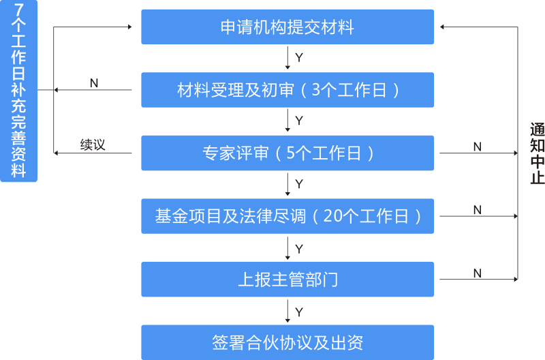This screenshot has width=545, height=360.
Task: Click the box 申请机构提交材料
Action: [287, 27]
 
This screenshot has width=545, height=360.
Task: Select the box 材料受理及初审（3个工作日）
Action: [287, 90]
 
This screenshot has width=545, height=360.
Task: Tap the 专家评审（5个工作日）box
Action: [287, 153]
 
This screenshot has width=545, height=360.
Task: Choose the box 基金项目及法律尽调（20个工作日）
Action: [287, 216]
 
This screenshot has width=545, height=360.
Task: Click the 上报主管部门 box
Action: [287, 280]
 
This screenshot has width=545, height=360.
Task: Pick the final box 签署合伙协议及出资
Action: [287, 342]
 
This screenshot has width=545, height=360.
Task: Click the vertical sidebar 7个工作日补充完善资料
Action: [19, 91]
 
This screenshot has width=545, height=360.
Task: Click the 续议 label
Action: [93, 145]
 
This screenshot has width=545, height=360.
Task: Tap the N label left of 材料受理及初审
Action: [94, 82]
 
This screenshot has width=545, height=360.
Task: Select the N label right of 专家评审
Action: [477, 147]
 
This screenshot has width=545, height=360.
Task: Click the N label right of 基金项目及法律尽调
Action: [477, 210]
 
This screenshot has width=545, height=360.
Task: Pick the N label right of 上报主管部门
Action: [477, 273]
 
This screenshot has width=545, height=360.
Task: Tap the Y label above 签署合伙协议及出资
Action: [299, 312]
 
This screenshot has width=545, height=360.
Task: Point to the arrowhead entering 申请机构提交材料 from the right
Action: [443, 27]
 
